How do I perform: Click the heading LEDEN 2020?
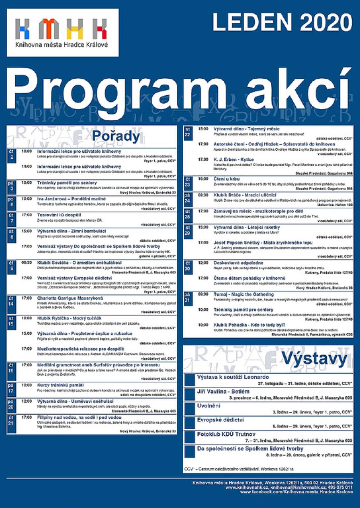[282, 23]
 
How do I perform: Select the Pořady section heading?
[116, 136]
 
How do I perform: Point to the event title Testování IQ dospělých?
[59, 215]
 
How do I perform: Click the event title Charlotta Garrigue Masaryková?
[70, 298]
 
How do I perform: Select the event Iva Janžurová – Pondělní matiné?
[71, 199]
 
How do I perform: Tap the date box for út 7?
[11, 218]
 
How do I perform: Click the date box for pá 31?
[187, 298]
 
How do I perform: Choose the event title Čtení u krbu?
[227, 179]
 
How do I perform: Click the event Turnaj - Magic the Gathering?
[243, 294]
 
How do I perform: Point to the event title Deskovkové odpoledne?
[238, 263]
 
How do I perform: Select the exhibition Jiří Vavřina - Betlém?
[223, 391]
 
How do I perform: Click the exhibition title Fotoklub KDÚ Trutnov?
[226, 434]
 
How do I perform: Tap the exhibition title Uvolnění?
[209, 406]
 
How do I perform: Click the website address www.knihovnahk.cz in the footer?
[252, 487]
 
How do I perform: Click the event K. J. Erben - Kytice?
[234, 159]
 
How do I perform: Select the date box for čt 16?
[11, 368]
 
